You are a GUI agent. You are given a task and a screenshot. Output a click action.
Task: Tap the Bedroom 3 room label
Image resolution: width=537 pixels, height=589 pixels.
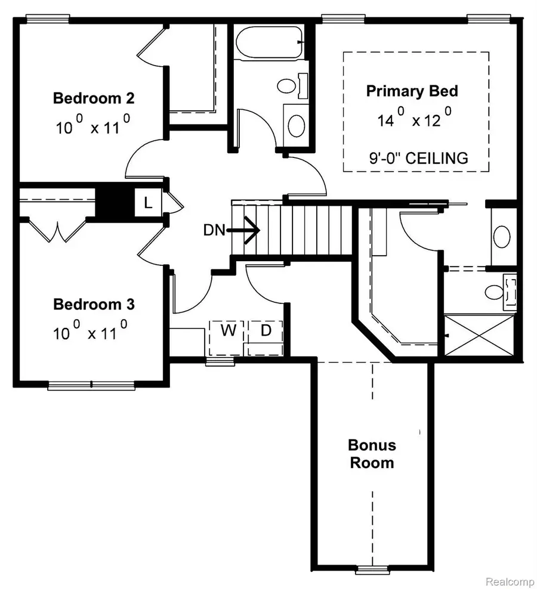click(94, 305)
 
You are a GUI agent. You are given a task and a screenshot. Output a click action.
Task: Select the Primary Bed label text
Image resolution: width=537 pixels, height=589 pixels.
click(412, 91)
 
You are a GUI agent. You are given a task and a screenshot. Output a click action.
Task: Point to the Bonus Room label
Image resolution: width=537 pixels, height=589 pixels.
click(372, 454)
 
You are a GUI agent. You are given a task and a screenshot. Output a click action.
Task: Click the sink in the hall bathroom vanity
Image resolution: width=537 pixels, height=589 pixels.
click(295, 125)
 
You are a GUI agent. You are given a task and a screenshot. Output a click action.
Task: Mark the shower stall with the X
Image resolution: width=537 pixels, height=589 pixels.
click(479, 337)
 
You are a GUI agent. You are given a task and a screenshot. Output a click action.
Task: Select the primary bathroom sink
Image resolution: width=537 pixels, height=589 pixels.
click(501, 237)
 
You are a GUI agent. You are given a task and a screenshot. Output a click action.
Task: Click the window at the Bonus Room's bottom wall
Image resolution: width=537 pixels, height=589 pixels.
click(372, 570)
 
